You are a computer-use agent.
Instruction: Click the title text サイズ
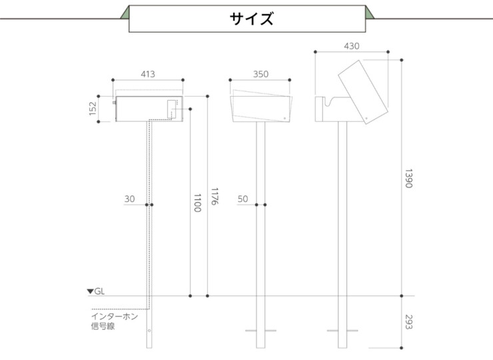(251, 19)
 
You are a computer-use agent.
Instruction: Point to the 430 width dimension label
(351, 46)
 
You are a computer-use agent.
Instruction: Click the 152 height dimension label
(93, 109)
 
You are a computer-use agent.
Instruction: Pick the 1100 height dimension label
(197, 203)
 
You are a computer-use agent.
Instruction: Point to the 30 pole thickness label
(129, 199)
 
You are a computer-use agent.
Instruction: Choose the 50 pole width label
(243, 199)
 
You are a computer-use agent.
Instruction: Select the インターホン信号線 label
(114, 321)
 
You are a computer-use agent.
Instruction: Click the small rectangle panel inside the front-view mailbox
(172, 109)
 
